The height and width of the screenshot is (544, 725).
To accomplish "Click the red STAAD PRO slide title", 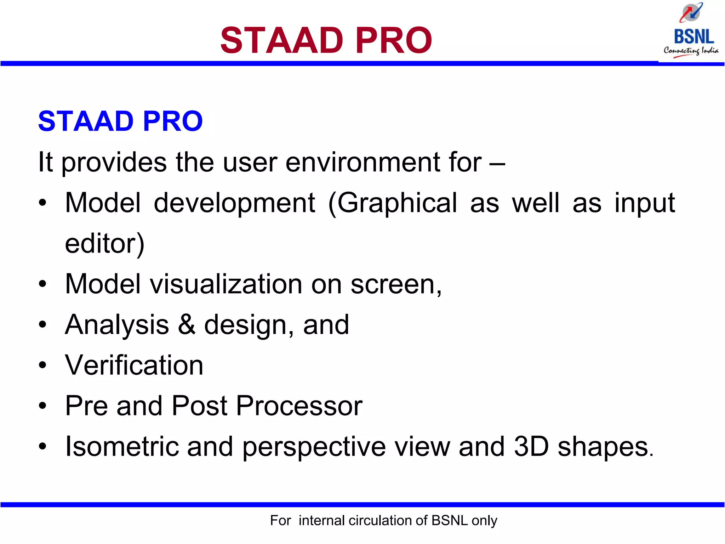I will [326, 40].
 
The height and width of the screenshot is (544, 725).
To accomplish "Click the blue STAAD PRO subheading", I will [120, 121].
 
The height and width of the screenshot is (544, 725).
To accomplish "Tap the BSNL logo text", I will [694, 37].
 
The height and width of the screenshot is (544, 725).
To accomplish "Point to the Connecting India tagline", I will [691, 51].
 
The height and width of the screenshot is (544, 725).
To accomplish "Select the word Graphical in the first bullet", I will [398, 203].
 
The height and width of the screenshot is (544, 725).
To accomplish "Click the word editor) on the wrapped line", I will [105, 244].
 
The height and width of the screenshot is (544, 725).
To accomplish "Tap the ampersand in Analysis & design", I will [187, 324].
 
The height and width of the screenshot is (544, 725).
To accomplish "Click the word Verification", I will [134, 365].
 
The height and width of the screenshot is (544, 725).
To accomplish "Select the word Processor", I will [299, 406].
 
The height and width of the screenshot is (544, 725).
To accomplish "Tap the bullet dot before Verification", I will [42, 365].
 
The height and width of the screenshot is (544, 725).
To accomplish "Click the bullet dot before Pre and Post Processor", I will [42, 406].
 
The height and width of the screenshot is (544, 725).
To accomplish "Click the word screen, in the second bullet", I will [396, 285].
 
